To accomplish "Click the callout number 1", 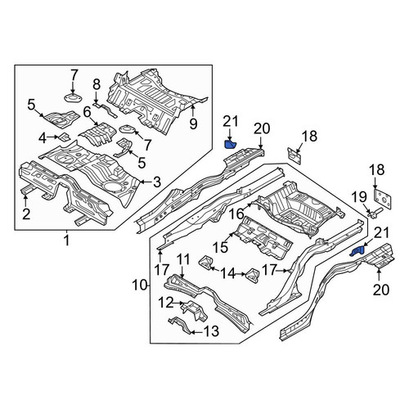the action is coord(66,241).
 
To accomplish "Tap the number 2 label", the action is coord(26,214).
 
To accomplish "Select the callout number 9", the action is coord(193,124).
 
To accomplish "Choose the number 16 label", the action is coord(236,214).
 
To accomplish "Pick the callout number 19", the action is coord(358,198).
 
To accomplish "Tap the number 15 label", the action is coord(220,248).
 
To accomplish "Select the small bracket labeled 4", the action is coord(65,137).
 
